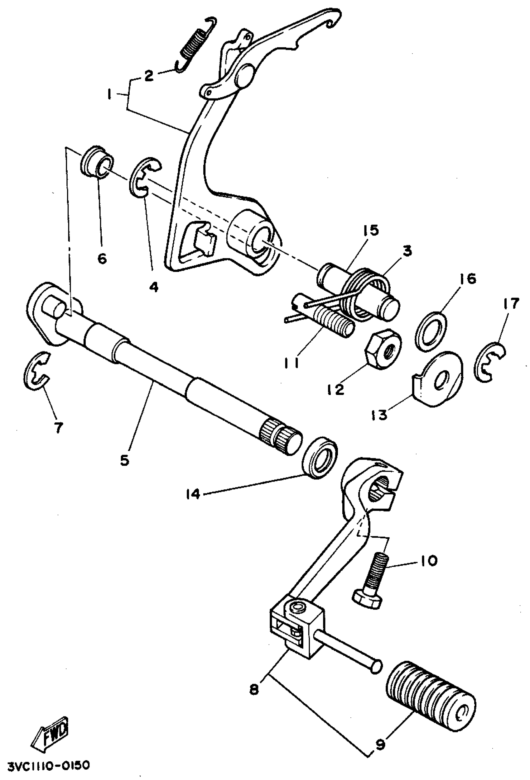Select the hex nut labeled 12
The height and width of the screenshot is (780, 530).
pyautogui.click(x=383, y=349)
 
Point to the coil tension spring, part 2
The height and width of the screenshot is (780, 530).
pyautogui.click(x=196, y=45)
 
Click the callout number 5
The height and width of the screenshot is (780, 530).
pyautogui.click(x=124, y=460)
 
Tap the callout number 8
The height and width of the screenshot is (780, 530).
pyautogui.click(x=254, y=689)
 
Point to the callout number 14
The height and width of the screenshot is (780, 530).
pyautogui.click(x=193, y=494)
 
